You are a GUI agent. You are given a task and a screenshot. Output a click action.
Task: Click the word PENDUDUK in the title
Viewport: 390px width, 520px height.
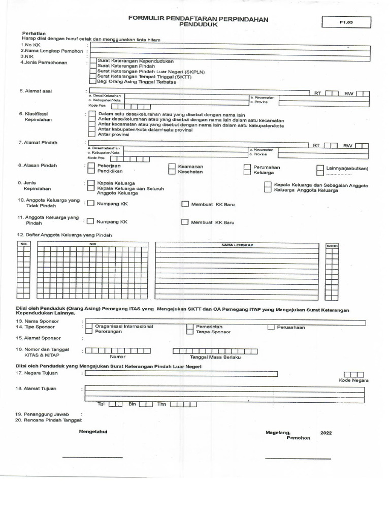198,24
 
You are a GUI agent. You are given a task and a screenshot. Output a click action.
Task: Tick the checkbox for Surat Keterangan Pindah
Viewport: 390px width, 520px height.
92,66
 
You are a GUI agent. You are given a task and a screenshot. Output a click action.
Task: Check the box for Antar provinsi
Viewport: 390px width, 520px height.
91,135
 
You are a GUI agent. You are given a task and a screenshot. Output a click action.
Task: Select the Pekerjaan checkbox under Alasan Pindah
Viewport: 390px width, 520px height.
90,166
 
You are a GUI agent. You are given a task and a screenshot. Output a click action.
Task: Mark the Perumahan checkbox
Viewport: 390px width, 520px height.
247,167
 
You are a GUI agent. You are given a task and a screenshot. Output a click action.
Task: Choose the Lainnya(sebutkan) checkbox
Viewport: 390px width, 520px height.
320,168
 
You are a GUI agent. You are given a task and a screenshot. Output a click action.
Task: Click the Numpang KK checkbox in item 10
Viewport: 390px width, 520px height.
90,204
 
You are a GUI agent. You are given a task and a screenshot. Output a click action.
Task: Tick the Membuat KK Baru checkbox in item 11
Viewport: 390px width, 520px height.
185,222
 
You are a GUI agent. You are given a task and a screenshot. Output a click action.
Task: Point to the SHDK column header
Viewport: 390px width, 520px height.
332,246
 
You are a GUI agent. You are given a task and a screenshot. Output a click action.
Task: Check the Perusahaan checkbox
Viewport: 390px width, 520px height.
271,327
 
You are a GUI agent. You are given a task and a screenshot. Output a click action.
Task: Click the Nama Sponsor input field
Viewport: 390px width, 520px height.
226,321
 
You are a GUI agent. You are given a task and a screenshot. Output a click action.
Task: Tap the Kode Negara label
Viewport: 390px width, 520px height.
353,380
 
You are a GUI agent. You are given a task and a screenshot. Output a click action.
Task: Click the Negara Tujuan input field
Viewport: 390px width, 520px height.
181,374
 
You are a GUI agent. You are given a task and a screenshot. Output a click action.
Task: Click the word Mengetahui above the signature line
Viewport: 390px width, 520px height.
93,431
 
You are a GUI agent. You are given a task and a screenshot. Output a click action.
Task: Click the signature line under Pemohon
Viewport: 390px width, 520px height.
298,459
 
